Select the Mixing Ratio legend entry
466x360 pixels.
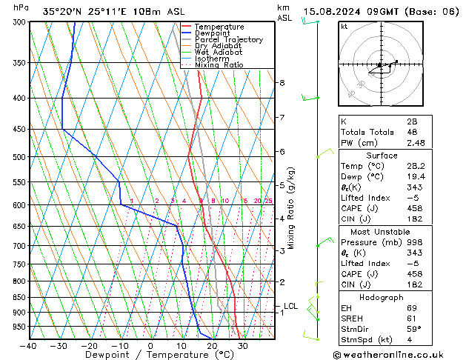coord(219,65)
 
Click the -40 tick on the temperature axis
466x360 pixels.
coord(28,345)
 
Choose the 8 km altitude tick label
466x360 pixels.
coord(282,82)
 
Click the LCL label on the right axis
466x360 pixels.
coord(291,306)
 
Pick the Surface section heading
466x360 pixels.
coord(381,156)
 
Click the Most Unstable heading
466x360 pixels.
coord(381,231)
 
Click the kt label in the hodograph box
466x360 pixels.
coord(344,27)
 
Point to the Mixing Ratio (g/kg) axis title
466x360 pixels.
coord(292,208)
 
